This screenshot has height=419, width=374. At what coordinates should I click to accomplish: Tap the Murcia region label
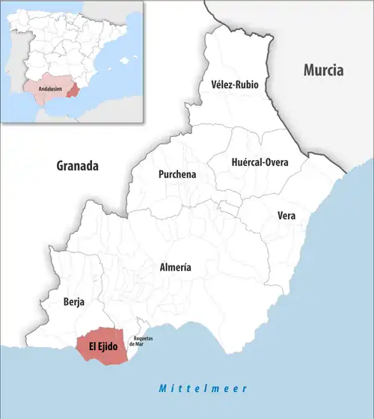[323, 70]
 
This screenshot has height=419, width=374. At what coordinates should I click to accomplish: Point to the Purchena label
[177, 174]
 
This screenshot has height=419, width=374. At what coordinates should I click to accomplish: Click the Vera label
[286, 215]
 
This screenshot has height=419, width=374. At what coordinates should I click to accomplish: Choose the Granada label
[78, 166]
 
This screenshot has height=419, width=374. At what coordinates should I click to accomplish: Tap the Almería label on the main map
[176, 267]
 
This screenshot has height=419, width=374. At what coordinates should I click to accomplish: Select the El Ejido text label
[103, 346]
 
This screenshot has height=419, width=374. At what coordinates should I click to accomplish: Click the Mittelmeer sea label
[203, 388]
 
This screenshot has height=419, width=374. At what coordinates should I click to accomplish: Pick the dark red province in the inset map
[72, 91]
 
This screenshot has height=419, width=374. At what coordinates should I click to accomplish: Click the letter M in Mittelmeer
[162, 388]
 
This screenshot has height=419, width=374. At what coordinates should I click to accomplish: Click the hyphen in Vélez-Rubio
[233, 85]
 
